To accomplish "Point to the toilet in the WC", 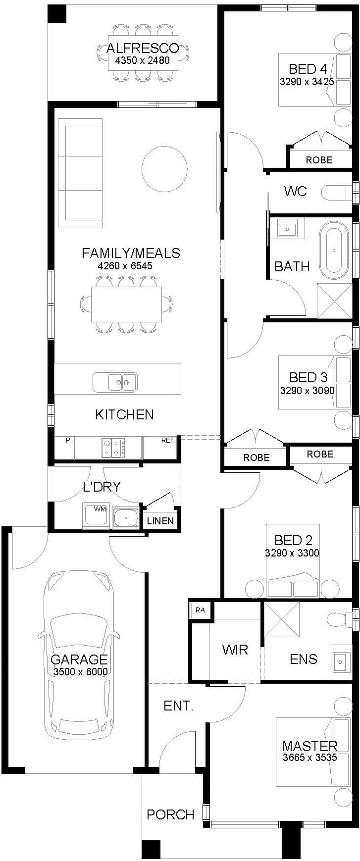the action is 337,193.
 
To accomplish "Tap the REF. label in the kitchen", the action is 168,441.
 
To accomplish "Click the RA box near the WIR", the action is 200,610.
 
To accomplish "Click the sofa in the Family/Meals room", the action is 80,173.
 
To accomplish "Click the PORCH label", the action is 170,815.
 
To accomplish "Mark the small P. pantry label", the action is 69,440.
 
